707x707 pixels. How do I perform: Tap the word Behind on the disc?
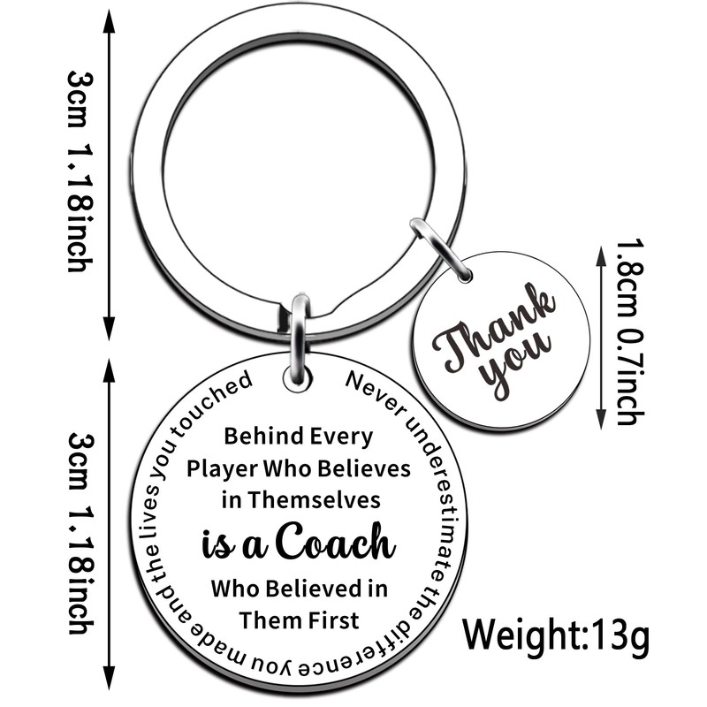[x=256, y=436]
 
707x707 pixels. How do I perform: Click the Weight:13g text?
[x=559, y=634]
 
